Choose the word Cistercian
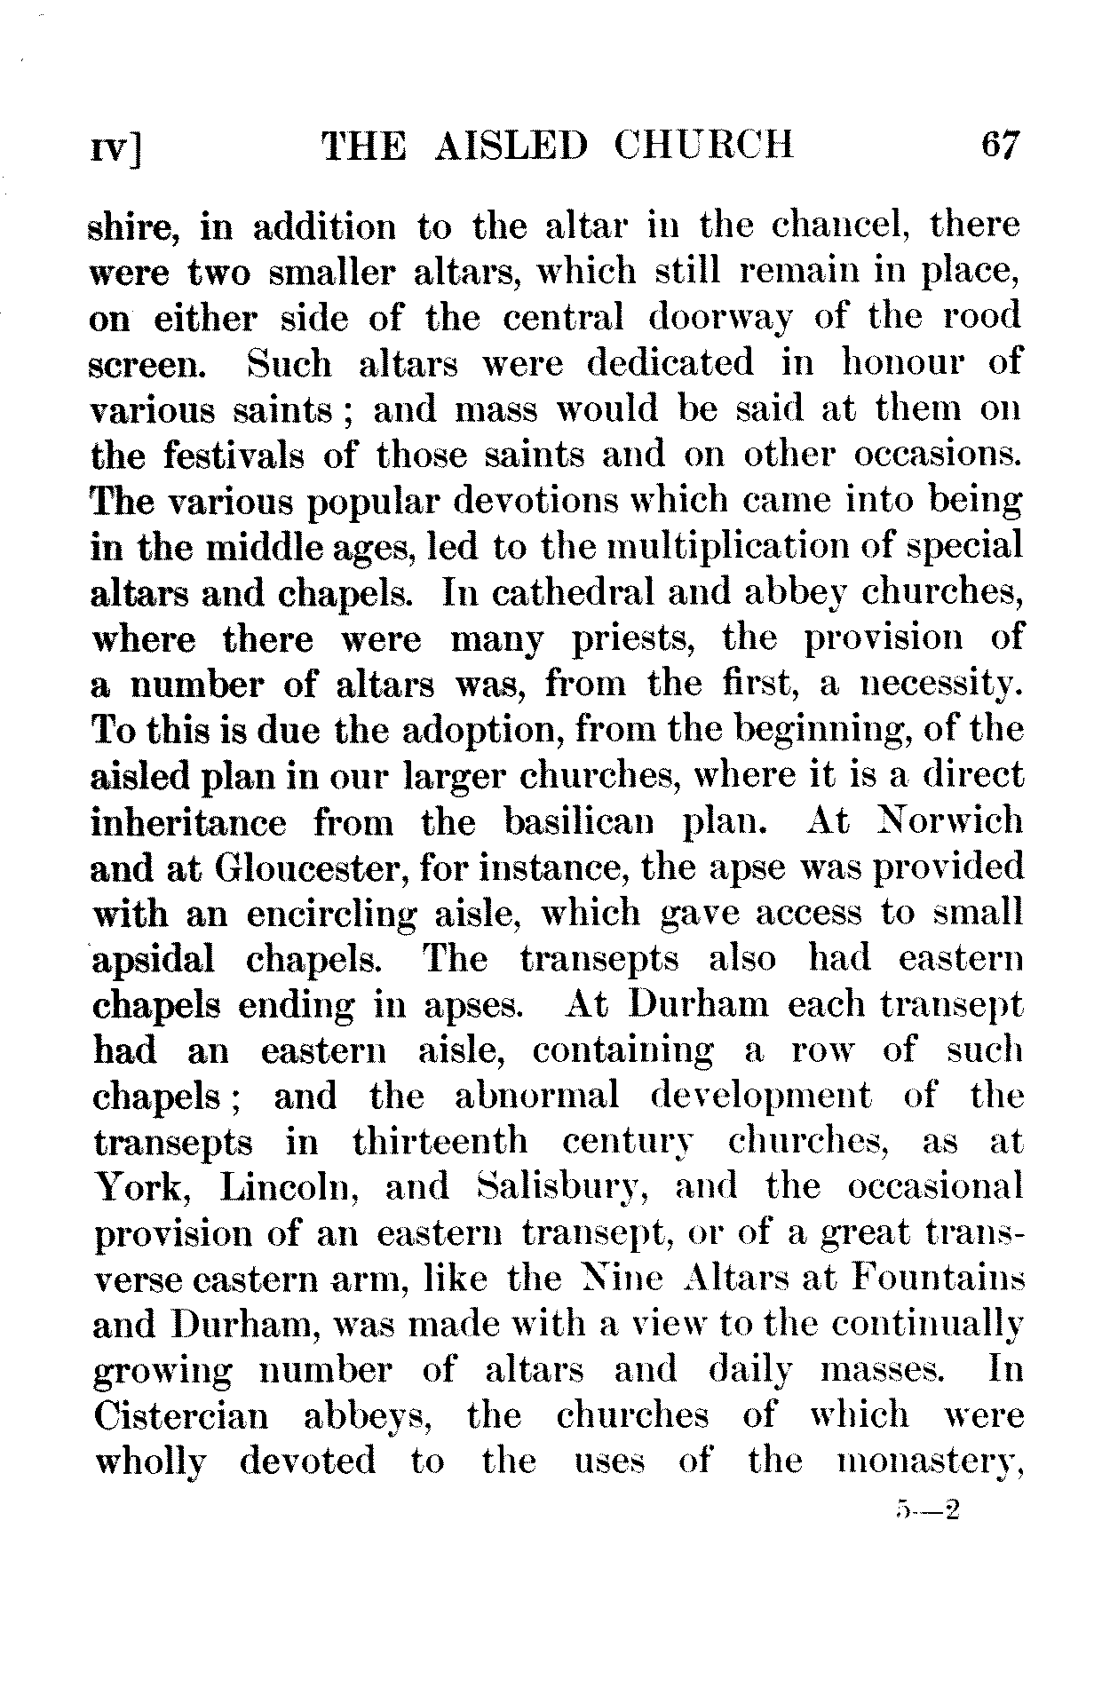pos(180,1415)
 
